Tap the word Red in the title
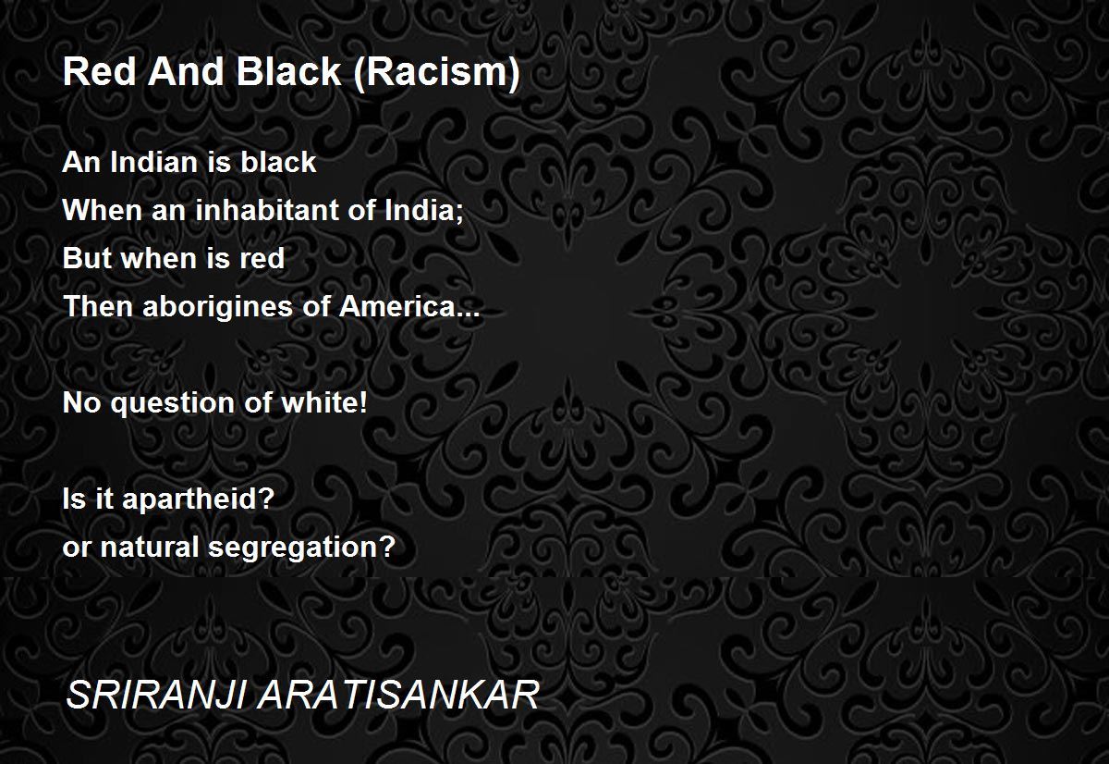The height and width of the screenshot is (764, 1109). click(100, 71)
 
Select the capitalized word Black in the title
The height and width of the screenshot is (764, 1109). click(288, 71)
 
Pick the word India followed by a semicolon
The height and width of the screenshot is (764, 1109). click(424, 211)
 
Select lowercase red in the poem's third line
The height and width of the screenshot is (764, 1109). click(262, 258)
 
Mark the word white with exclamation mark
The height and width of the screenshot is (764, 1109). click(324, 402)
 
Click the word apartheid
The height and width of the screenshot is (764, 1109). click(198, 499)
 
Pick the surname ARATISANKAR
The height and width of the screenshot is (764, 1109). click(398, 695)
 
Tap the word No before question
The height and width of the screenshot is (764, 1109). click(81, 402)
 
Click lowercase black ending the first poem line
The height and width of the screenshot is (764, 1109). click(278, 162)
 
